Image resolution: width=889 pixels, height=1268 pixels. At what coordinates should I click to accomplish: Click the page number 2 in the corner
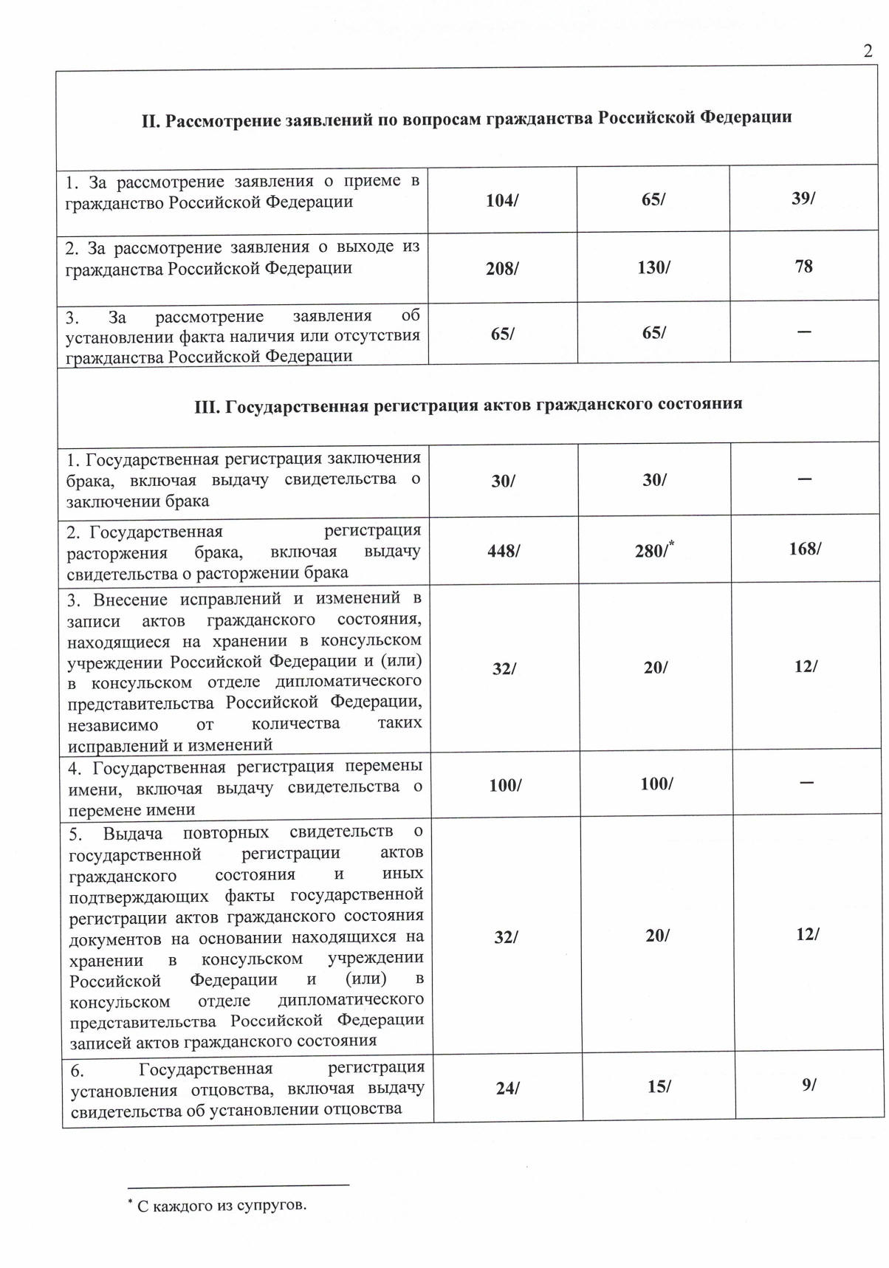(x=868, y=52)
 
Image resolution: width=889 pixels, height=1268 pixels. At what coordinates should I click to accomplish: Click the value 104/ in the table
(x=502, y=200)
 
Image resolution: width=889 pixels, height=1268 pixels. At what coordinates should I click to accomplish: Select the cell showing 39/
(x=803, y=199)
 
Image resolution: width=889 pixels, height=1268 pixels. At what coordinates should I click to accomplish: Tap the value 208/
(x=502, y=267)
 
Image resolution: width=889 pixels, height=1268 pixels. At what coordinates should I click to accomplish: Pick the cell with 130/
(x=653, y=267)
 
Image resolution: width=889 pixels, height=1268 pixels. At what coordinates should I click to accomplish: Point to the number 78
(x=804, y=266)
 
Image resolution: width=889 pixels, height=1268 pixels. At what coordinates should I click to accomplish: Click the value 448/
(x=504, y=551)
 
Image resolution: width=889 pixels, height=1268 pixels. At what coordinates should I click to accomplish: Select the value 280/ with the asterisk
(x=654, y=549)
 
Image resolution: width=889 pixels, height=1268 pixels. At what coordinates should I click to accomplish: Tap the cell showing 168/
(x=805, y=548)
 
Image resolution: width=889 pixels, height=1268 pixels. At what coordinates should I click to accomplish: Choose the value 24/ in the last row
(x=507, y=1088)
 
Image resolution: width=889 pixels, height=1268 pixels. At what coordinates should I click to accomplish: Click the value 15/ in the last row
(x=659, y=1086)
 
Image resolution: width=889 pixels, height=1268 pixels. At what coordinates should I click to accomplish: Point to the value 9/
(x=809, y=1084)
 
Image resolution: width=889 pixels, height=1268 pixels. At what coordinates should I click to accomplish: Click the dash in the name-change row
(x=806, y=782)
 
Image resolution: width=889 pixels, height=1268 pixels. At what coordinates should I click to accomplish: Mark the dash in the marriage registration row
(x=805, y=479)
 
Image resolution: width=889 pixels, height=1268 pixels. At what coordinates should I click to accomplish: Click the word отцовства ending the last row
(x=365, y=1108)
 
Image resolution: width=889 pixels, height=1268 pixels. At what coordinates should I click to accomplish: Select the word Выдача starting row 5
(x=133, y=833)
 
